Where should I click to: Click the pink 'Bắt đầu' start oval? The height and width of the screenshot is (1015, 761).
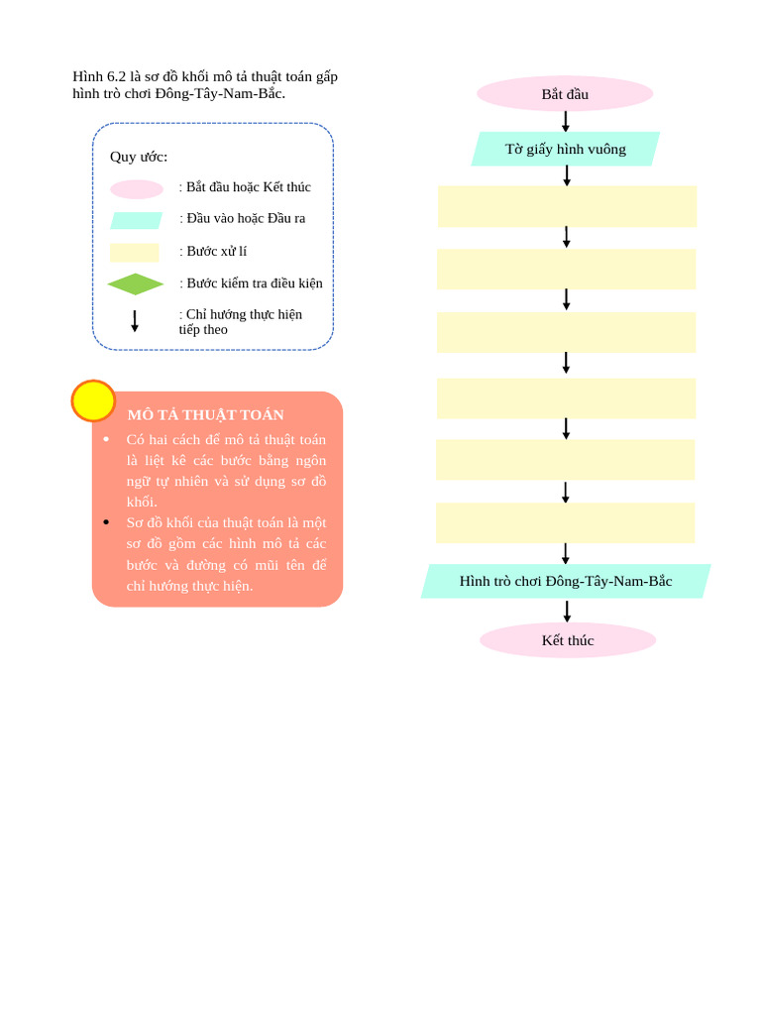coord(565,94)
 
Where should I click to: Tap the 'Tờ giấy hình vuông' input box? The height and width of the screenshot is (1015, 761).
coord(566,149)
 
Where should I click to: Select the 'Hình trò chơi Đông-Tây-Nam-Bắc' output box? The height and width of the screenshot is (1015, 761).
coord(566,581)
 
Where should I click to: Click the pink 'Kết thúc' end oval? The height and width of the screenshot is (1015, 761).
coord(568,640)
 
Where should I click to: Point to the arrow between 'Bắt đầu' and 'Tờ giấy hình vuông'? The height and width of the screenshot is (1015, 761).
coord(566,121)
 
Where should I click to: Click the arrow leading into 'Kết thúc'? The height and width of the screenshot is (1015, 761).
coord(568,611)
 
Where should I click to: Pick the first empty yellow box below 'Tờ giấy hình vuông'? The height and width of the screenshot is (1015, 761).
coord(567,206)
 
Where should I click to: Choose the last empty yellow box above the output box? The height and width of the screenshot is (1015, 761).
coord(565,522)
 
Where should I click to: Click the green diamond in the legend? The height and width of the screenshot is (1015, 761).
coord(136,284)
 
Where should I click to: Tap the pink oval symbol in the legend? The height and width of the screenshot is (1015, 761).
coord(137,189)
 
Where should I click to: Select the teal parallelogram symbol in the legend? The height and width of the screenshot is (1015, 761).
coord(137,220)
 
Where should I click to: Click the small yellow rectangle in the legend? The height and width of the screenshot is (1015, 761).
coord(135,253)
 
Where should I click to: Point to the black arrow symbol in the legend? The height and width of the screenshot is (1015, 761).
coord(135,321)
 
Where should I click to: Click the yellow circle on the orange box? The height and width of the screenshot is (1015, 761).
coord(93,400)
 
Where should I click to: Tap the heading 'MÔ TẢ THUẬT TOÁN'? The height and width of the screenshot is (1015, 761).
coord(205,414)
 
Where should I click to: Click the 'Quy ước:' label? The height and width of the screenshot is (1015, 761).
coord(139,157)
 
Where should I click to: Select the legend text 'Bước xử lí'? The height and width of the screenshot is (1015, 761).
coord(216,251)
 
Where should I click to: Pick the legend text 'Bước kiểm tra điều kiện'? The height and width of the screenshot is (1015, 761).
coord(254,283)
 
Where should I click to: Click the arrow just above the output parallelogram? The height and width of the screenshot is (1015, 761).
coord(566,553)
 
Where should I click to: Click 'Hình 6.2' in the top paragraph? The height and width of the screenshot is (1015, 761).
coord(99,76)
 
